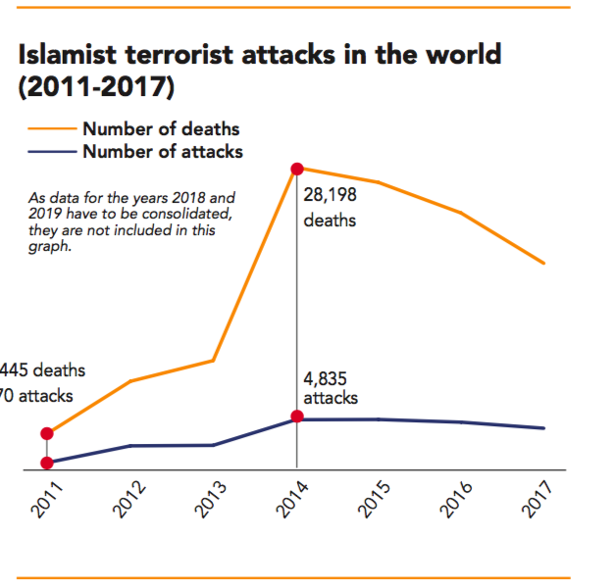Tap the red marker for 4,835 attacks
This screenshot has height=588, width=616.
[297, 417]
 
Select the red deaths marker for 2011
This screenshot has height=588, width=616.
[46, 433]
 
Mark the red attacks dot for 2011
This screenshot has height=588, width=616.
[46, 463]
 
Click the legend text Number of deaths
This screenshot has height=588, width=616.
[161, 129]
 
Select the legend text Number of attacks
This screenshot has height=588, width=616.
[163, 151]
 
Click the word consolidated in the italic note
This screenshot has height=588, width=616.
[195, 212]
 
